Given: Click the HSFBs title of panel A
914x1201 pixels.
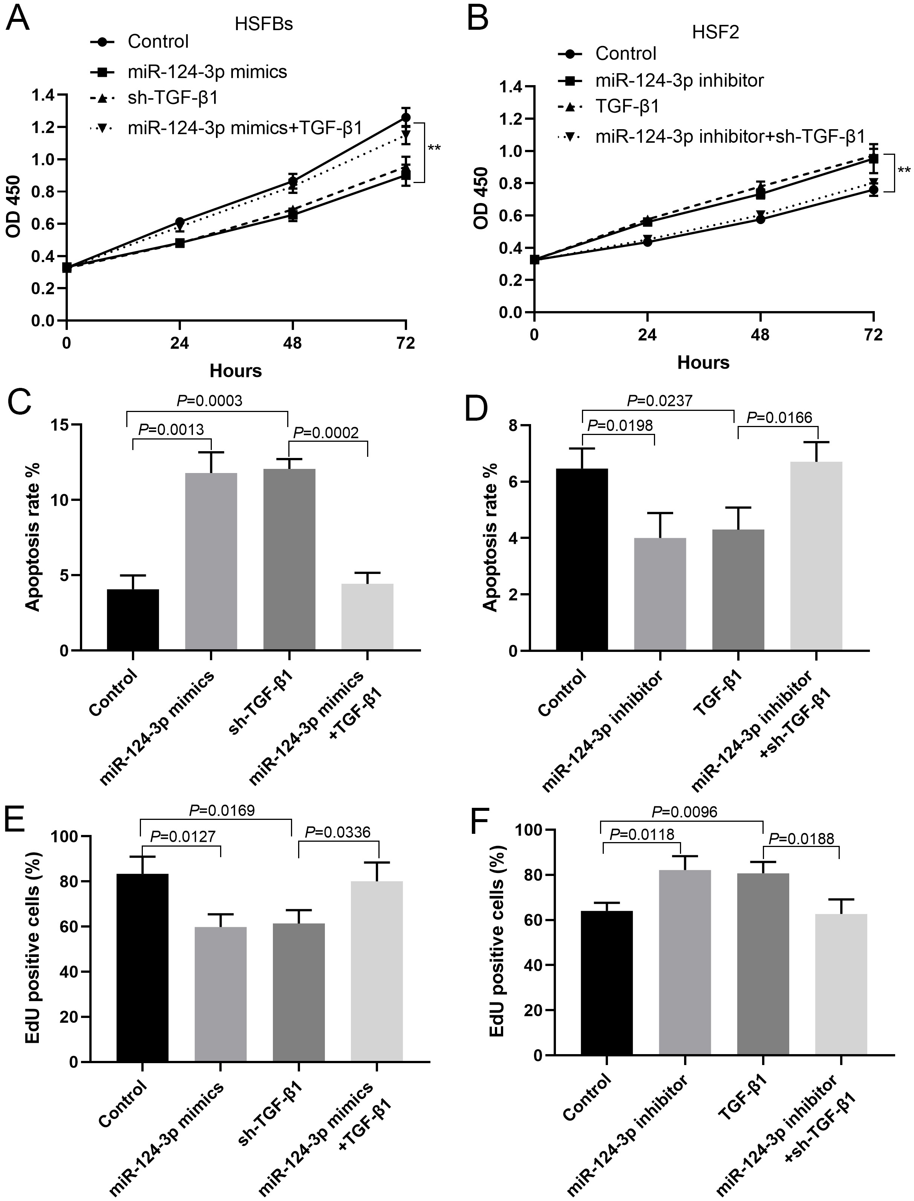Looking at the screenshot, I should pyautogui.click(x=264, y=24).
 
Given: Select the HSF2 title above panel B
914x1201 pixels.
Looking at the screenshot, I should pyautogui.click(x=715, y=33).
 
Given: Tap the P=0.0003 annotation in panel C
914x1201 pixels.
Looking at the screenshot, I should pyautogui.click(x=210, y=401).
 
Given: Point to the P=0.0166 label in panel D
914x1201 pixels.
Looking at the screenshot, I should pyautogui.click(x=779, y=418).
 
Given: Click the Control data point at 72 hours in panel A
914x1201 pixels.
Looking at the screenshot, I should pyautogui.click(x=405, y=118).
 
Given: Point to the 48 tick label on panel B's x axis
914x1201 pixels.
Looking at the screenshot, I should pyautogui.click(x=760, y=335).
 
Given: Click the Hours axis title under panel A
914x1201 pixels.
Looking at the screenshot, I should pyautogui.click(x=236, y=371).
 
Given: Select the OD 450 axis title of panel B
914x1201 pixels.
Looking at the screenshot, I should pyautogui.click(x=481, y=198).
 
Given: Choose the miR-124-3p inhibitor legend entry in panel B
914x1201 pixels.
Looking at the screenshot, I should pyautogui.click(x=679, y=81).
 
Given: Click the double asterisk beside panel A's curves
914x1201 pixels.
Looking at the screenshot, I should pyautogui.click(x=434, y=148).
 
